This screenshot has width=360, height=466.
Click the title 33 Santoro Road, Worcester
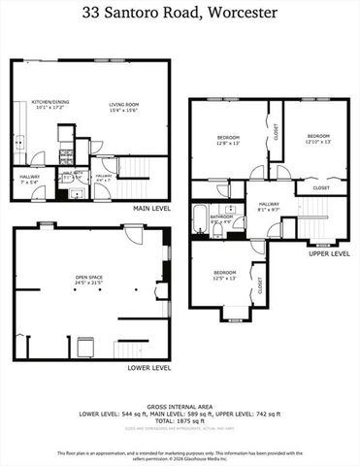point(180,14)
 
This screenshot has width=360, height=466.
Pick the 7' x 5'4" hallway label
point(29,178)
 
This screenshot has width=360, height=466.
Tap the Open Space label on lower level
point(89,281)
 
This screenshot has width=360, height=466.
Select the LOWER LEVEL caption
point(149,368)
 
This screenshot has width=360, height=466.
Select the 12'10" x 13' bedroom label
point(318,138)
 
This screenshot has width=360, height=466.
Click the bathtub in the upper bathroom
point(200,216)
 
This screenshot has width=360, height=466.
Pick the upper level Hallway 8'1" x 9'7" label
point(268,206)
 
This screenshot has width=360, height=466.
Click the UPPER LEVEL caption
point(328,253)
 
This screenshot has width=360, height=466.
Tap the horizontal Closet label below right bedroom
point(320,187)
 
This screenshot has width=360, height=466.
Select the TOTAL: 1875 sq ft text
point(180,421)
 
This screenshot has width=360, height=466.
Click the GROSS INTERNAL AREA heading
point(180,407)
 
